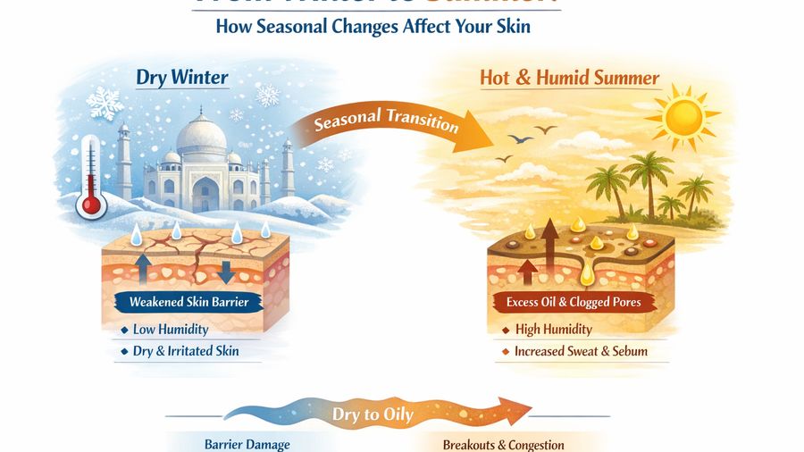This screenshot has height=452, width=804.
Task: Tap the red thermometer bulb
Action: click(x=91, y=205)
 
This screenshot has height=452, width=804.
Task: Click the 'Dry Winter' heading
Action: click(x=182, y=77)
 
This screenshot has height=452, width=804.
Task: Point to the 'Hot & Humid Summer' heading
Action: click(x=569, y=77)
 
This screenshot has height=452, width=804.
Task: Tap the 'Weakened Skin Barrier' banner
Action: click(x=189, y=302)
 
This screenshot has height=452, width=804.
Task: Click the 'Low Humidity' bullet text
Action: click(x=170, y=330)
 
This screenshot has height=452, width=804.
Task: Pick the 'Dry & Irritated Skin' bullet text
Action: click(x=185, y=351)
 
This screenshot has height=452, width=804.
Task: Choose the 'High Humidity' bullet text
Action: click(x=554, y=330)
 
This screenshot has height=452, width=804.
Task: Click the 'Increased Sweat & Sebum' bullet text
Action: click(x=581, y=351)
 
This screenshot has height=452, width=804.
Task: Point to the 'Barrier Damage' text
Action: click(x=247, y=445)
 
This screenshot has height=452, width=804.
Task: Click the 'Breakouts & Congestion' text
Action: click(x=503, y=445)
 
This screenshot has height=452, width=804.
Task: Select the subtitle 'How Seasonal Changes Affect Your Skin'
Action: click(x=373, y=27)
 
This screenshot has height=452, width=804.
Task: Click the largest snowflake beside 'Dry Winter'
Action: click(x=105, y=104)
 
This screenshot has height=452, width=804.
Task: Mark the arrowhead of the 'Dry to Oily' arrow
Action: click(x=518, y=413)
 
